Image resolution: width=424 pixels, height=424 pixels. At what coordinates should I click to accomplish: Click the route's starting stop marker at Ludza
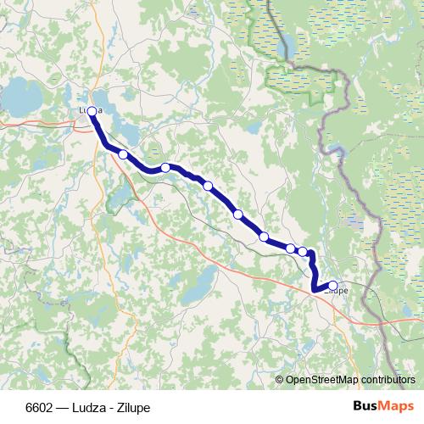click(92, 111)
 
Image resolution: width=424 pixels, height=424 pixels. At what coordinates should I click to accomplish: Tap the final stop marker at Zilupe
click(332, 286)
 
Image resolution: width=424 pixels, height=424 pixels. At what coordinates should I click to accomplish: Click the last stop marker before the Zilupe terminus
click(303, 251)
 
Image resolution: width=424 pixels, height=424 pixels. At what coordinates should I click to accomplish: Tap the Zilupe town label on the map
click(336, 291)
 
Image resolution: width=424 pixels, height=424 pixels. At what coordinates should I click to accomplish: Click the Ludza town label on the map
click(90, 110)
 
